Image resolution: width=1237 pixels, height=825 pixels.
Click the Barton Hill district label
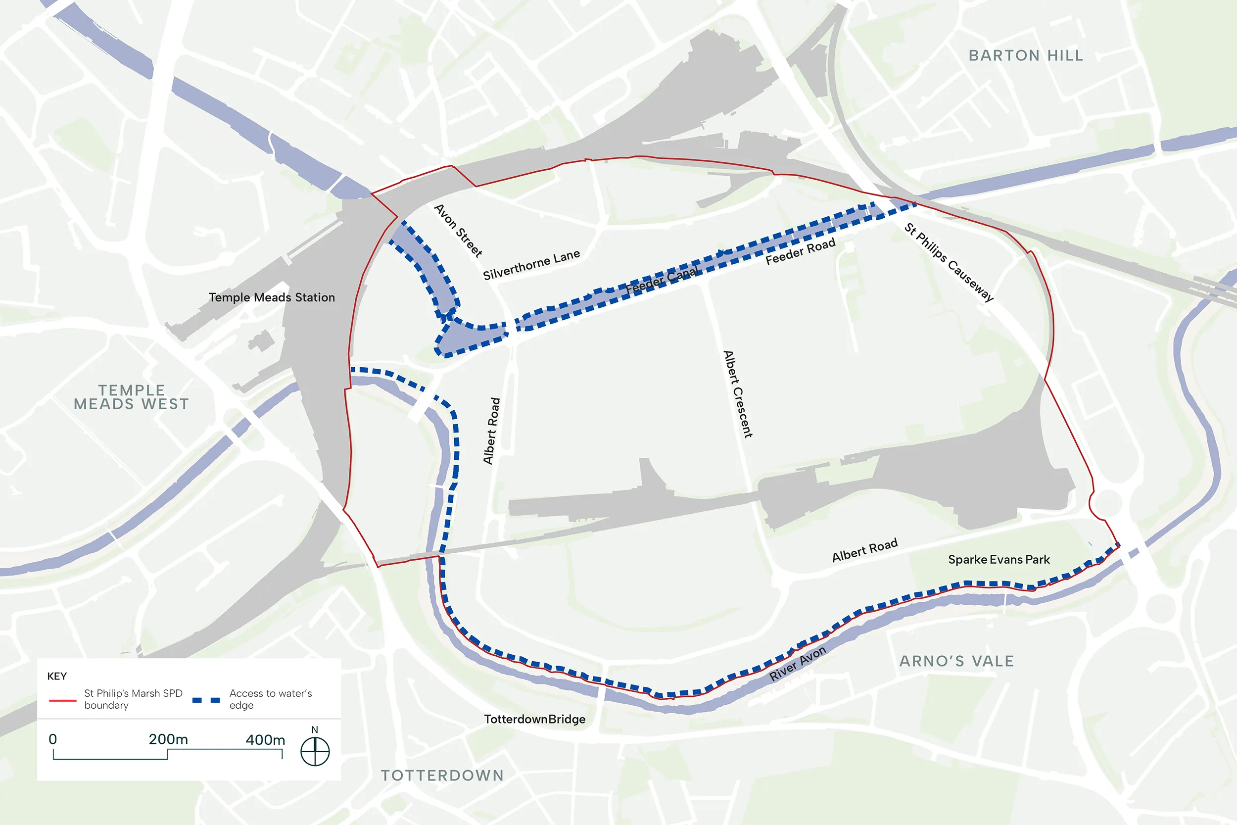point(1026,56)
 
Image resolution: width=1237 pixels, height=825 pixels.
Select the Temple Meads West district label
point(132,397)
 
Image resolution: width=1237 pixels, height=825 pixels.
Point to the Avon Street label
point(458,231)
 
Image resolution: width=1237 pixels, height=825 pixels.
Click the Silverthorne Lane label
point(531,265)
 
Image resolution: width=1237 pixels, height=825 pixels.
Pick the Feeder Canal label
point(661,280)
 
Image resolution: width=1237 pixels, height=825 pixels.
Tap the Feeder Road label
point(800,251)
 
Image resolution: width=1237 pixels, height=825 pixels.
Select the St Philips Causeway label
point(949,262)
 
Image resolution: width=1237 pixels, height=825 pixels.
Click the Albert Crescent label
point(738,394)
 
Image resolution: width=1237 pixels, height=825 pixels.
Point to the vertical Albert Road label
point(491,431)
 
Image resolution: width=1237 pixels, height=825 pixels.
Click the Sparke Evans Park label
point(999,559)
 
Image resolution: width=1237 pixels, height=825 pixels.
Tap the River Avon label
point(797,664)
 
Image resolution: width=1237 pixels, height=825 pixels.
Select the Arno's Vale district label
point(956,661)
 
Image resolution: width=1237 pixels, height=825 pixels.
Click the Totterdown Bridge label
point(534,719)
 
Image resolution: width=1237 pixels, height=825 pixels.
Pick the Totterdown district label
point(442,775)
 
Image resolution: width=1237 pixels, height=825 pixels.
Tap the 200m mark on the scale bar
point(168,740)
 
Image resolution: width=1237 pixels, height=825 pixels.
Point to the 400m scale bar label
point(265,740)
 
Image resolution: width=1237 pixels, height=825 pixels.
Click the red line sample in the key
point(62,701)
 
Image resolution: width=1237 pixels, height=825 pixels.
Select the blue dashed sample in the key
point(206,700)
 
